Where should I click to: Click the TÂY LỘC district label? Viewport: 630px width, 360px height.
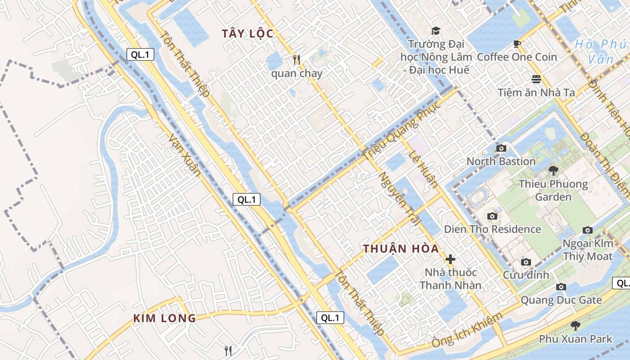[x=247, y=34]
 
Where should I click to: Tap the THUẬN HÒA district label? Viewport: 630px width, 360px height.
[x=401, y=249]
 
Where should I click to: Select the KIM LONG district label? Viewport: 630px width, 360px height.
[x=164, y=319]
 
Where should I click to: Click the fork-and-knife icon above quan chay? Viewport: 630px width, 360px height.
[x=296, y=59]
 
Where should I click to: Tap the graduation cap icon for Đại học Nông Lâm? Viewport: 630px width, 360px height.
[x=436, y=31]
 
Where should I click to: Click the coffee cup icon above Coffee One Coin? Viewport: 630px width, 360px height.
[x=517, y=44]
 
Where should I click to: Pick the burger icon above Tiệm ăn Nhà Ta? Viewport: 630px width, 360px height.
[x=536, y=79]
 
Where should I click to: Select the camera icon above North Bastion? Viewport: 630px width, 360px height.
[x=501, y=148]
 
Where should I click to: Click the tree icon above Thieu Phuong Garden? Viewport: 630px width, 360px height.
[x=553, y=171]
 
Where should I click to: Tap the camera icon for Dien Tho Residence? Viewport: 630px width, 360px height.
[x=492, y=216]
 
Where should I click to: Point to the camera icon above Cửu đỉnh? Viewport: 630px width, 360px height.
[x=526, y=262]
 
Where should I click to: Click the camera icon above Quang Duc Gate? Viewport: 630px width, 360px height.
[x=561, y=287]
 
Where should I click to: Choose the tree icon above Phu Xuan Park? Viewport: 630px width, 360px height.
[x=575, y=325]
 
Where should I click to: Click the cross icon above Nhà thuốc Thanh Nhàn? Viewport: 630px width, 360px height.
[x=450, y=259]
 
